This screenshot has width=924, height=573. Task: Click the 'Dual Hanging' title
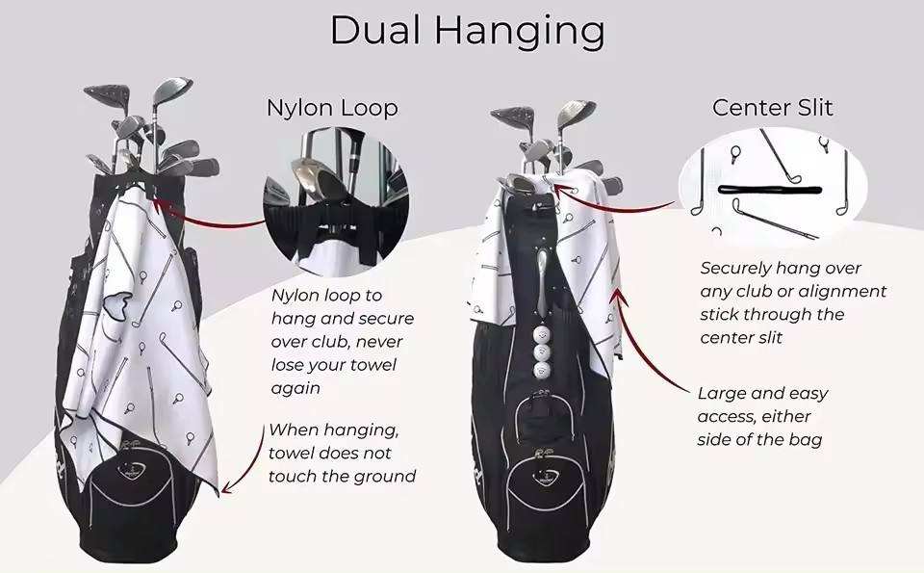tap(467, 31)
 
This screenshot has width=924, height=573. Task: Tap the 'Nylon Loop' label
tap(332, 108)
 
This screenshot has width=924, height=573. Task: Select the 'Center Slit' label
tap(773, 107)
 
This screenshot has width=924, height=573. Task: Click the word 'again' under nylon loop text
tap(294, 388)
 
